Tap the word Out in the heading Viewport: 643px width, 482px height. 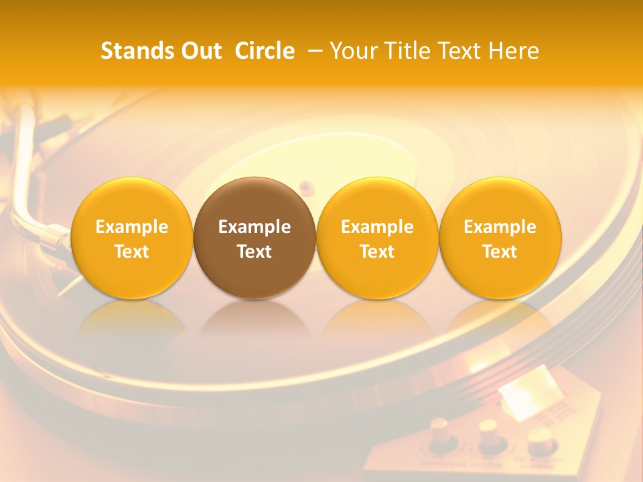200,51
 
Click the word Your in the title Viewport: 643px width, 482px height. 352,51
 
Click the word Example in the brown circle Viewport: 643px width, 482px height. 255,227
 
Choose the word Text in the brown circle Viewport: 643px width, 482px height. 255,252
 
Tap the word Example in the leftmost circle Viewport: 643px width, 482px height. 132,227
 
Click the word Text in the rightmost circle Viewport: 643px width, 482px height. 500,252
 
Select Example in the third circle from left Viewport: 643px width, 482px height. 377,227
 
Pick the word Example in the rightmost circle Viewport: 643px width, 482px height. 500,227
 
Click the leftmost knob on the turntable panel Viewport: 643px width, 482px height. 439,432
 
